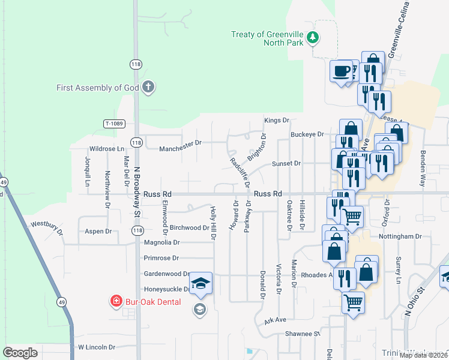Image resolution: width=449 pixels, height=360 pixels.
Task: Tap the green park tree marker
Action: tap(312, 38)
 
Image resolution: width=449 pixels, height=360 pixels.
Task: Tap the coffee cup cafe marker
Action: tap(342, 72)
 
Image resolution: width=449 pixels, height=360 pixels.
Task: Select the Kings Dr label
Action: tap(277, 121)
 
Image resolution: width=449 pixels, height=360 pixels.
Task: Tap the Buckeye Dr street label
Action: tap(307, 134)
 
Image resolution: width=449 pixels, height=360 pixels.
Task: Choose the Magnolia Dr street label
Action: tap(161, 242)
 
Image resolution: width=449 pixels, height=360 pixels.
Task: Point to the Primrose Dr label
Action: tap(161, 258)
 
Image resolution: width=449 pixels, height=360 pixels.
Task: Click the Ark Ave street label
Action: tap(276, 321)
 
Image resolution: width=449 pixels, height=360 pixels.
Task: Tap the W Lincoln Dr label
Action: tap(96, 347)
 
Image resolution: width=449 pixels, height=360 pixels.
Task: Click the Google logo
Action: tap(20, 353)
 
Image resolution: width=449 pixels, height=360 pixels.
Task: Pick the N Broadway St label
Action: tap(137, 191)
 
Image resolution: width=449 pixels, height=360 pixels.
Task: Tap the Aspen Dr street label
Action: tap(98, 231)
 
